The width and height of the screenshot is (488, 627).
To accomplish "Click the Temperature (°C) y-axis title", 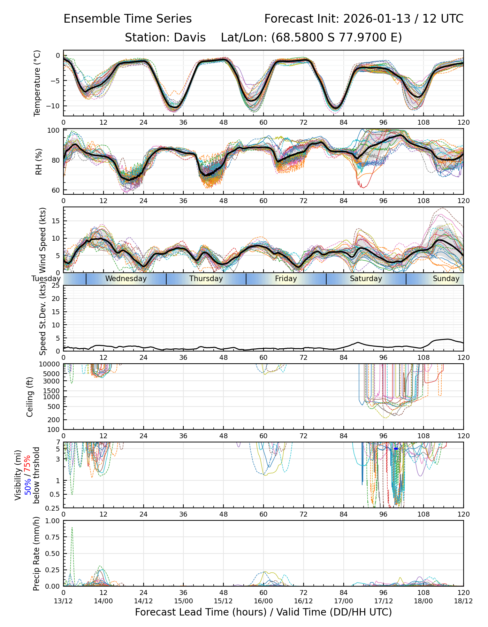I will tap(37, 83).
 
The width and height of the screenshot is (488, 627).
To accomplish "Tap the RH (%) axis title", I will tap(39, 162).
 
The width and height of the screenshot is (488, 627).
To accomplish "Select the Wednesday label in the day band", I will tap(126, 279).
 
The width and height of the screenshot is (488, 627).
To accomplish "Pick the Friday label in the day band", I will tap(286, 279).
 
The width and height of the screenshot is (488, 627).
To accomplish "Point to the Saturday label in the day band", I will tap(366, 279).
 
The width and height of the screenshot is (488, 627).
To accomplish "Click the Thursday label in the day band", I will tap(206, 279).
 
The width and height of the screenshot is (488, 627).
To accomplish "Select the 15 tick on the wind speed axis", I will tap(56, 221).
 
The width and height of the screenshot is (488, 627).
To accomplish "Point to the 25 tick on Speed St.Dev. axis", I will tap(56, 286).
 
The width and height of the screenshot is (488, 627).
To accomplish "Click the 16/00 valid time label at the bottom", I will tap(264, 601).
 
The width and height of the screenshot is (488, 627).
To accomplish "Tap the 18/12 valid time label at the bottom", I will tap(463, 601).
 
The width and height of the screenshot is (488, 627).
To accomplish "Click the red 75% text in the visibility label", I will tap(28, 465).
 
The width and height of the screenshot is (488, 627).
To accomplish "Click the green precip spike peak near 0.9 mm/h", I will tap(72, 527).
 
